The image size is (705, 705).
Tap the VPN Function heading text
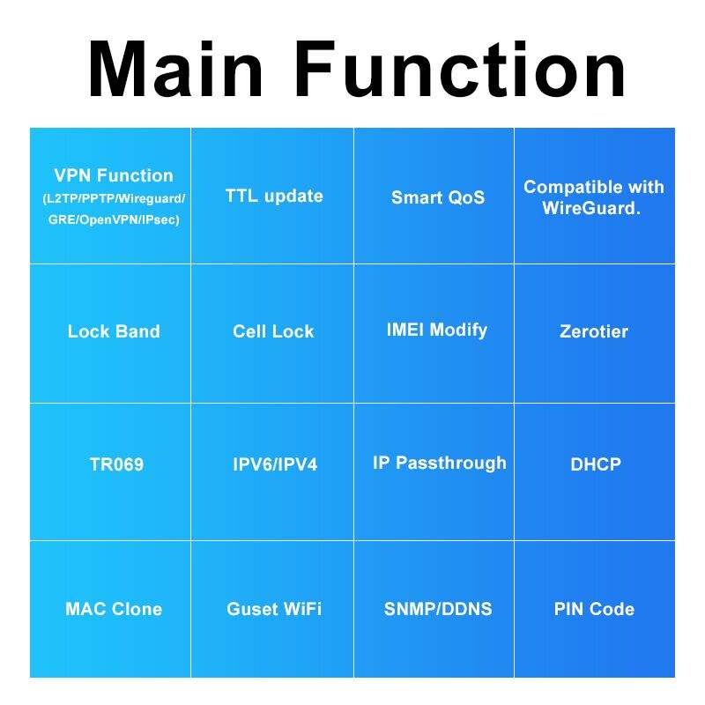[114, 175]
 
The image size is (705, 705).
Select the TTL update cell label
[274, 196]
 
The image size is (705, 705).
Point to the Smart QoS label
[438, 197]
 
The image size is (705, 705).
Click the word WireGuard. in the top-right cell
[591, 210]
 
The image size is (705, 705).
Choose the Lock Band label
[114, 331]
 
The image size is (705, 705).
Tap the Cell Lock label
[273, 331]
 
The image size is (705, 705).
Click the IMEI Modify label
[436, 330]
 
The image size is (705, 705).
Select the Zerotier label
[594, 331]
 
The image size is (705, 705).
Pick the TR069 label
[116, 464]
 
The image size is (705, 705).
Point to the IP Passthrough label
[440, 463]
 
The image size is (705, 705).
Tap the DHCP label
[596, 464]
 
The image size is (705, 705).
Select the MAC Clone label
[114, 609]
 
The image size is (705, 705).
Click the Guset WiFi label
[274, 609]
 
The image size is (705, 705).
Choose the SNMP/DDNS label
[438, 609]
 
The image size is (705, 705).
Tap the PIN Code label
[594, 609]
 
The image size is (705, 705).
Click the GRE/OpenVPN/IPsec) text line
[114, 219]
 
